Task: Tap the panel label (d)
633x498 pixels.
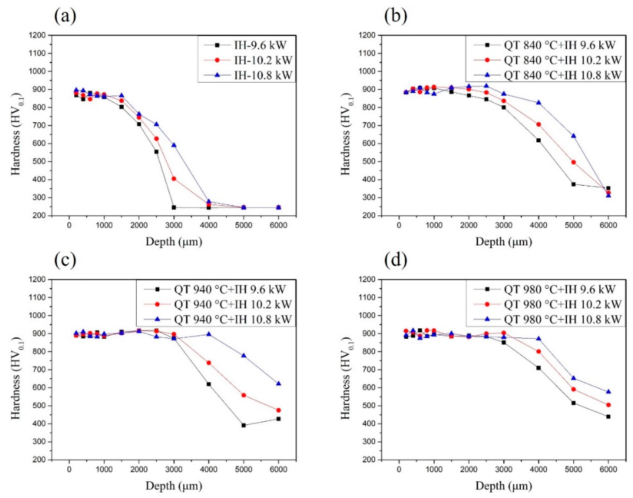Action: [x=395, y=260]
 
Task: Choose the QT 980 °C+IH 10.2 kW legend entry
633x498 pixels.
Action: [x=562, y=304]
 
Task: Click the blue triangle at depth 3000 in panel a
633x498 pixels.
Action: [x=174, y=145]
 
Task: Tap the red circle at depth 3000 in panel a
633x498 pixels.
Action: [x=174, y=178]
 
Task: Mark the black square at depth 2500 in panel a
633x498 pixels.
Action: [x=156, y=152]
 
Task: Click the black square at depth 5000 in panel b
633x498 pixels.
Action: [x=574, y=184]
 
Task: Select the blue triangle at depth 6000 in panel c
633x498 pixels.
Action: [x=279, y=383]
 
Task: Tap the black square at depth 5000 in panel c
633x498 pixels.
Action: [x=243, y=425]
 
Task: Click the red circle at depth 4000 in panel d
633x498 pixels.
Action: [x=539, y=351]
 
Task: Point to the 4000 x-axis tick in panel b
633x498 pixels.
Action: [x=539, y=225]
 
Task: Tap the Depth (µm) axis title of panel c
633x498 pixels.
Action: [x=174, y=486]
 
